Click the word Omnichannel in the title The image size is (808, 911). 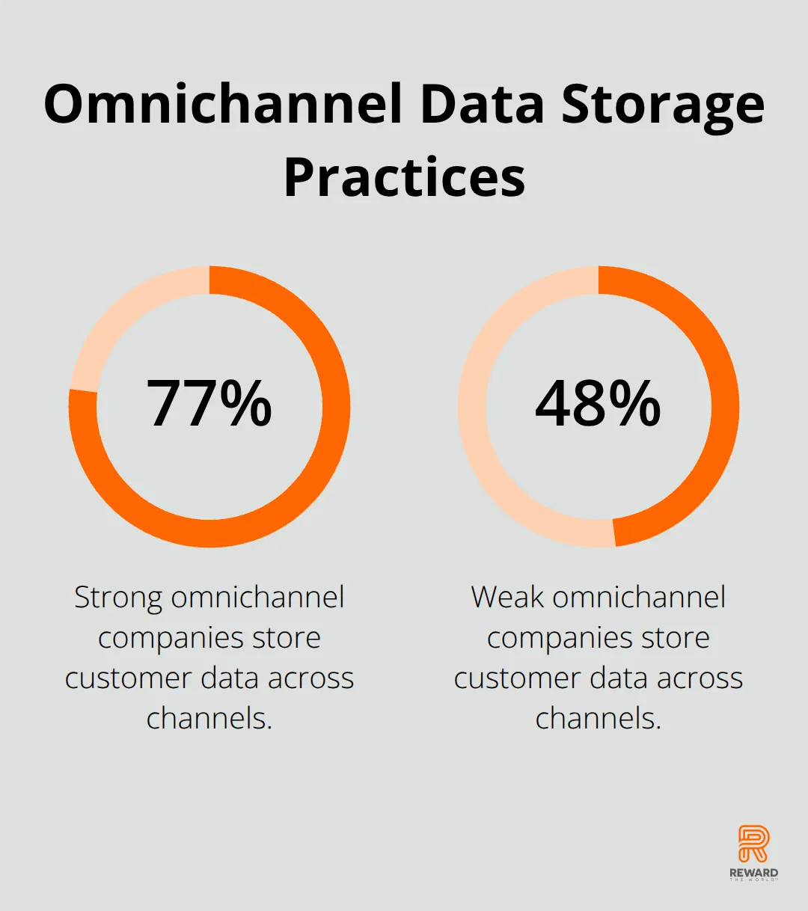(x=223, y=104)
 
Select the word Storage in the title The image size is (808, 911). (x=663, y=108)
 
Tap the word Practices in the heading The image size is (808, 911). (x=405, y=176)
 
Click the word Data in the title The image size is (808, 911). (x=482, y=104)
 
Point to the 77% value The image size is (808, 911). (x=209, y=402)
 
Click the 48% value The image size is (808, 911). (x=598, y=402)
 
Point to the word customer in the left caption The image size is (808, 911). (x=128, y=678)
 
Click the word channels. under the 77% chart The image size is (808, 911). (x=209, y=718)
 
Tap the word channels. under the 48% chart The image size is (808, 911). (x=599, y=718)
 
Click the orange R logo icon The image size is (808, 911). (x=753, y=843)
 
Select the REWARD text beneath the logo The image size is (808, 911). (x=753, y=874)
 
